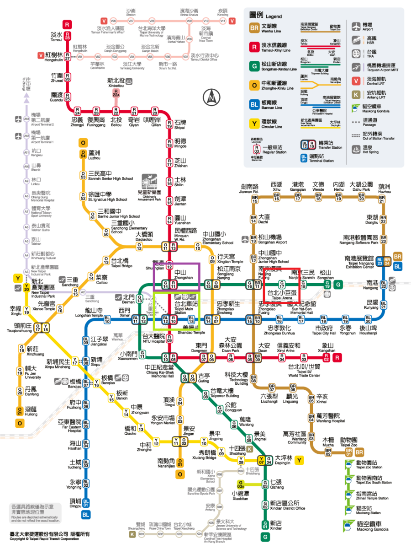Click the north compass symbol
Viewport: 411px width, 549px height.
point(211,97)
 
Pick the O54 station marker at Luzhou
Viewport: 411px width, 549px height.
point(83,154)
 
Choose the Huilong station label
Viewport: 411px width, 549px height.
point(31,410)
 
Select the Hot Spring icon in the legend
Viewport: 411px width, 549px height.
point(357,150)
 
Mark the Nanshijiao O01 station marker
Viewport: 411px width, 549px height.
point(180,463)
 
